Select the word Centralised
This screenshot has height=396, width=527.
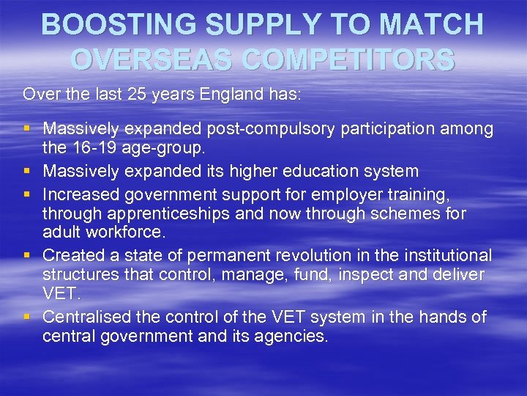[x=86, y=316]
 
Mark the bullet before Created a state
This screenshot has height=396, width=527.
[x=27, y=256]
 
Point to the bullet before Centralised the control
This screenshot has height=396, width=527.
[x=27, y=317]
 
